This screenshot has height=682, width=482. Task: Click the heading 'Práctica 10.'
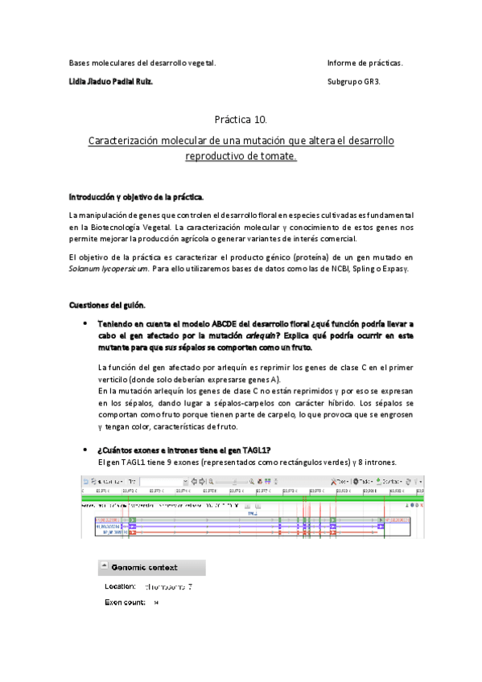(x=241, y=120)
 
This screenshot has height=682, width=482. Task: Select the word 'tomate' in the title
(x=275, y=156)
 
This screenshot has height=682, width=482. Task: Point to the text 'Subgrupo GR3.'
(x=355, y=81)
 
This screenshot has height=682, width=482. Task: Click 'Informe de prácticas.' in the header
(x=365, y=63)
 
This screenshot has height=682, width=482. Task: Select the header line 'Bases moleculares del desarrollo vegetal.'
(x=142, y=63)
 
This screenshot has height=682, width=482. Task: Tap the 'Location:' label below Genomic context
(x=121, y=586)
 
